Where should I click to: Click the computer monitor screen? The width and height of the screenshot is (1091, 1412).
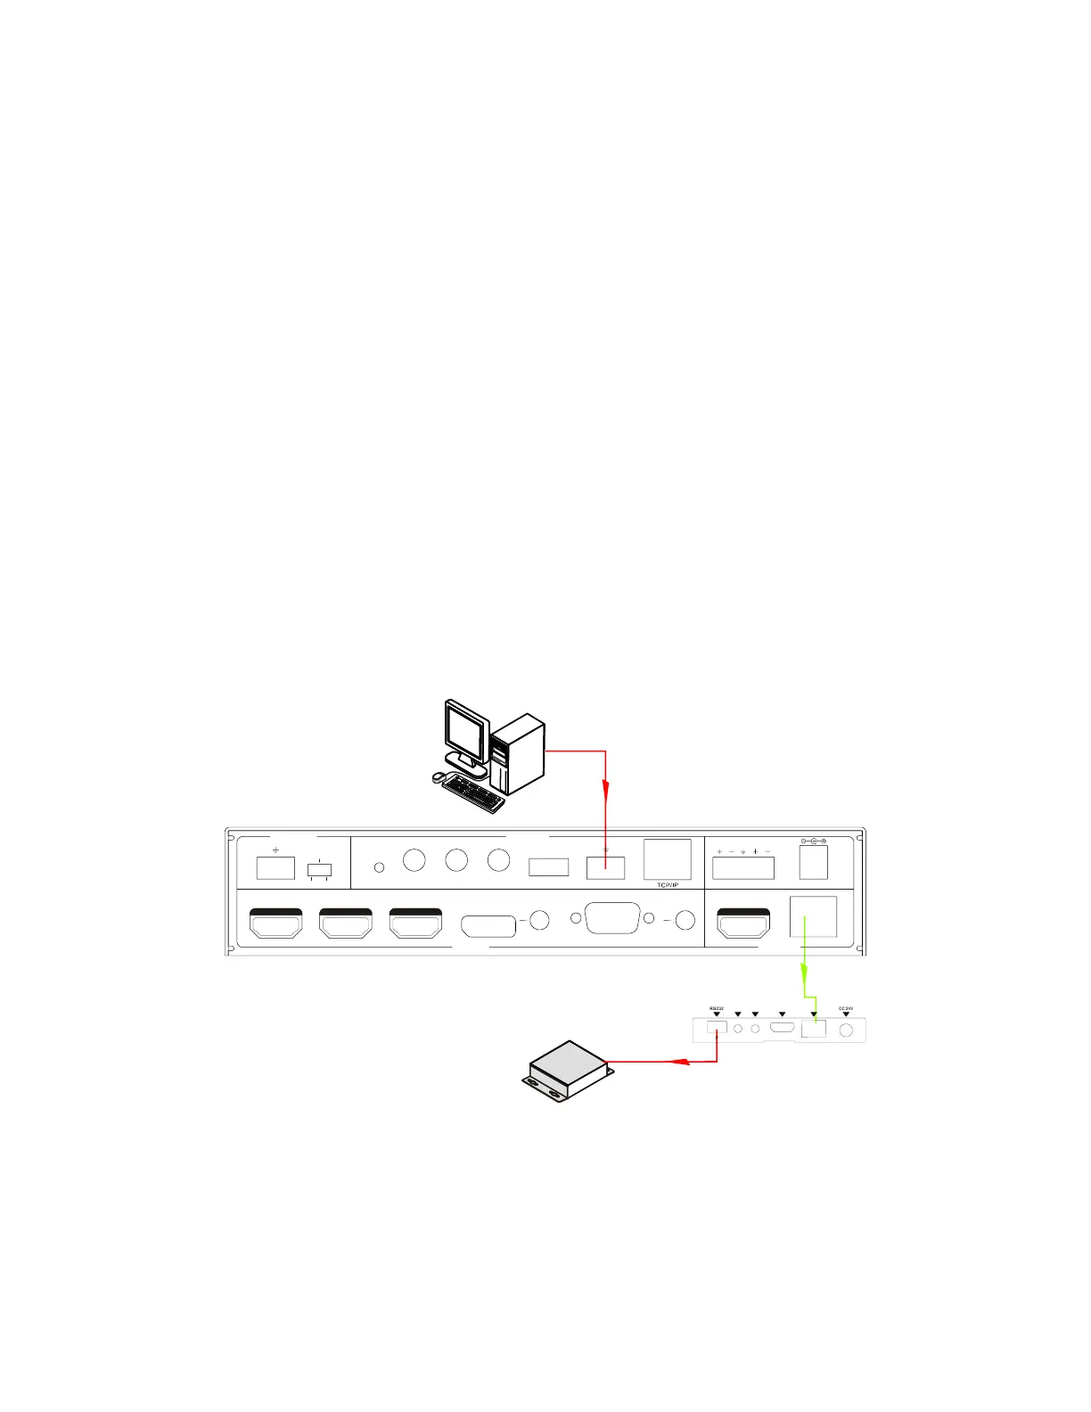[466, 734]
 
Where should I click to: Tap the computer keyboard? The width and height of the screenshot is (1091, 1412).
[472, 793]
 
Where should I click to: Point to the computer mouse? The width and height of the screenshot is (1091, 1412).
[438, 776]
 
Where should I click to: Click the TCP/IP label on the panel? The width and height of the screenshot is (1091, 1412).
[667, 885]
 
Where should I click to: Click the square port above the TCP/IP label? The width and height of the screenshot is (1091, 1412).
[667, 859]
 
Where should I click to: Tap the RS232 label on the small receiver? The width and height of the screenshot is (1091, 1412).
[717, 1008]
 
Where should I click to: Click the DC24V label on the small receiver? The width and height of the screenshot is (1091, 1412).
[846, 1008]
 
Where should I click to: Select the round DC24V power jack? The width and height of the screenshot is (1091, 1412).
[846, 1030]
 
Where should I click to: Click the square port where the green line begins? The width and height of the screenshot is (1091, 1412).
[813, 917]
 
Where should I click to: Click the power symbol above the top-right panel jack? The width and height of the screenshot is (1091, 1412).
[813, 841]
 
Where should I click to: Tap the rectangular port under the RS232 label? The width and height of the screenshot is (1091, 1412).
[716, 1027]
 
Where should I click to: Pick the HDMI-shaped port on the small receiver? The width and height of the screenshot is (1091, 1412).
[783, 1028]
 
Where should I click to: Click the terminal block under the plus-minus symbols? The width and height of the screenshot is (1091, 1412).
[743, 866]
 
